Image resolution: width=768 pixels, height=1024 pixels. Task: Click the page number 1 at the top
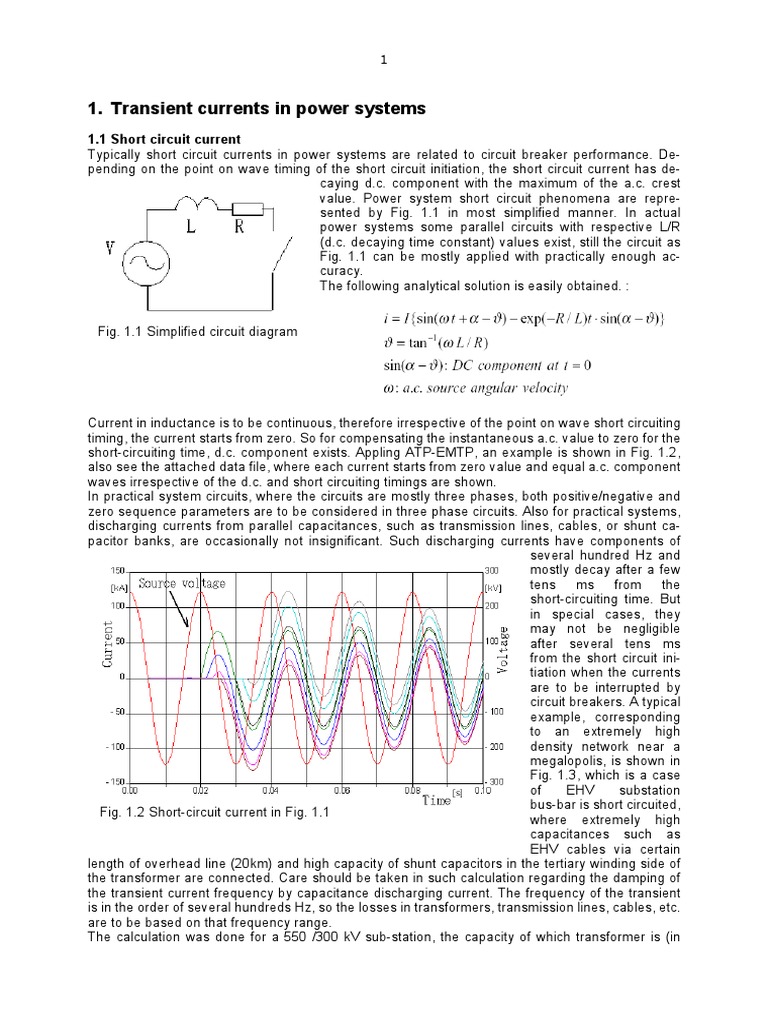click(x=383, y=61)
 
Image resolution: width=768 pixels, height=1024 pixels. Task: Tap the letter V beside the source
click(x=110, y=244)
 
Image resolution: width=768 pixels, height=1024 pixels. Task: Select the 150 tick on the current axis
click(x=116, y=568)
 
